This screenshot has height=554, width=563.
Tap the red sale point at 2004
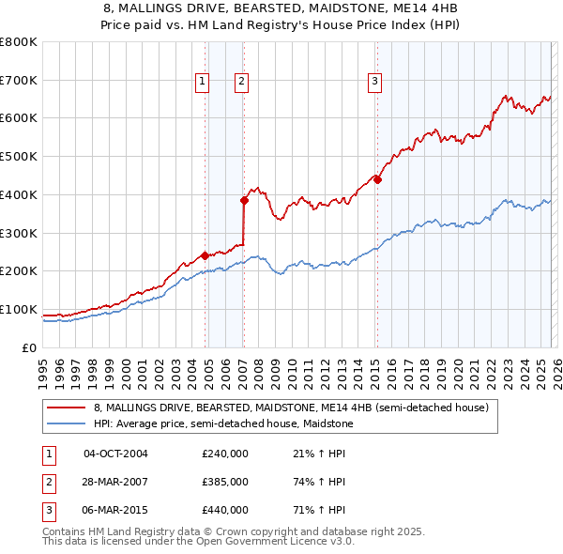click(x=205, y=254)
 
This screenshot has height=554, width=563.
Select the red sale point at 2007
click(x=244, y=200)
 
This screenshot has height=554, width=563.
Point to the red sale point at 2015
click(x=377, y=179)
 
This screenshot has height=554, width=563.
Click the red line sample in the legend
click(x=67, y=408)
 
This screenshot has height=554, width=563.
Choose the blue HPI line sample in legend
click(x=67, y=423)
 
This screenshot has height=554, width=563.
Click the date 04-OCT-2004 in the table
click(x=115, y=454)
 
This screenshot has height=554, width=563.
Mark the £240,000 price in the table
click(x=225, y=454)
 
